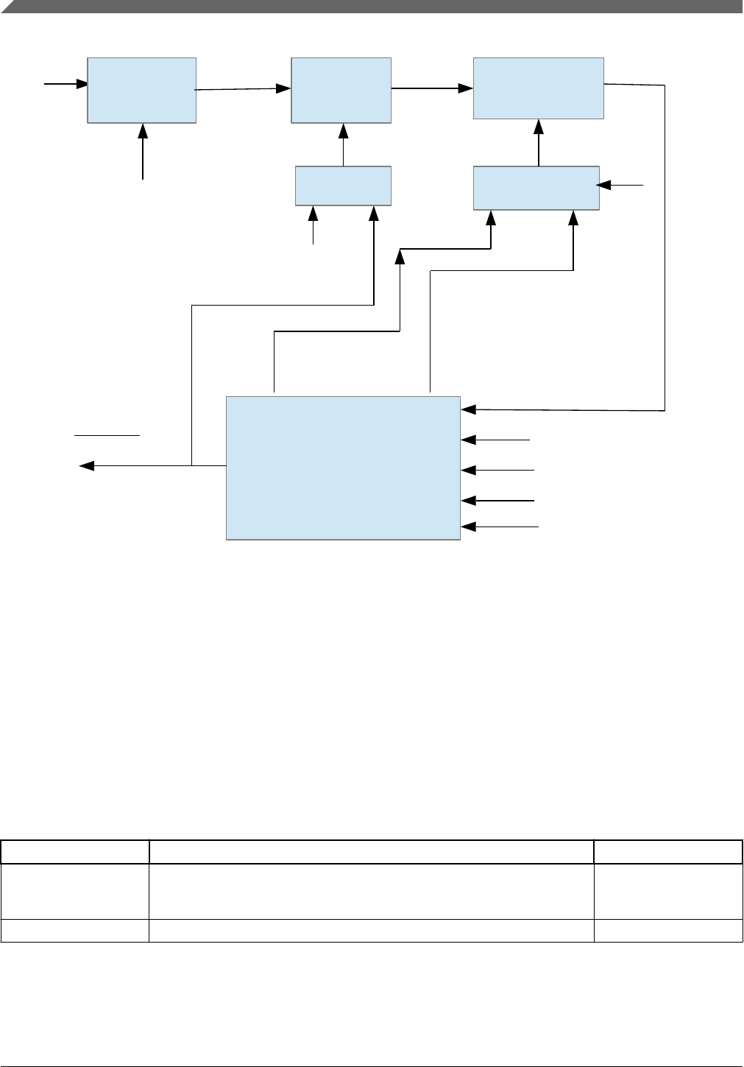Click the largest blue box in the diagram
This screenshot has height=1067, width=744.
[343, 468]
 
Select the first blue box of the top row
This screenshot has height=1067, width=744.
[141, 90]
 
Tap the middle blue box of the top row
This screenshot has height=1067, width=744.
[341, 90]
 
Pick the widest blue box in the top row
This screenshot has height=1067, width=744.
[538, 88]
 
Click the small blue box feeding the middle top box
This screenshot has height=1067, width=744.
[343, 186]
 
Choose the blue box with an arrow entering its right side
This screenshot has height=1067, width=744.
[536, 188]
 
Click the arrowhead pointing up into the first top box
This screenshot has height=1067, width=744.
[143, 130]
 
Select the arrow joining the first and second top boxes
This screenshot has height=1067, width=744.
[243, 89]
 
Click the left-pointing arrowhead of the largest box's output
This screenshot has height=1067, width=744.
[86, 465]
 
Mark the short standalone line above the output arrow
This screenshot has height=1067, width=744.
[107, 435]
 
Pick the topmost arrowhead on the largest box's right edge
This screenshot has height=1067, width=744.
[468, 409]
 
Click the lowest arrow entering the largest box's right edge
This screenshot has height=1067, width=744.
[500, 527]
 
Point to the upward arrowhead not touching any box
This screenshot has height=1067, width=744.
[400, 256]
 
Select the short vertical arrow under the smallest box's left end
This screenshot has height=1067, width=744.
[313, 225]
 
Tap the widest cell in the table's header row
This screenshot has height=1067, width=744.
[372, 852]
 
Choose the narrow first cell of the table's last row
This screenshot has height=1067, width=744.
[74, 931]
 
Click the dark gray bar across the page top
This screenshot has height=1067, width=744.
[372, 7]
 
